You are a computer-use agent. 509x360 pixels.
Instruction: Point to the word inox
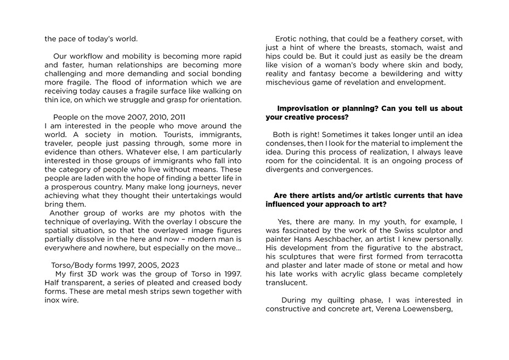tap(53, 300)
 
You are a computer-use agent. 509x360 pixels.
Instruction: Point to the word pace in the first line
tap(69, 39)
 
